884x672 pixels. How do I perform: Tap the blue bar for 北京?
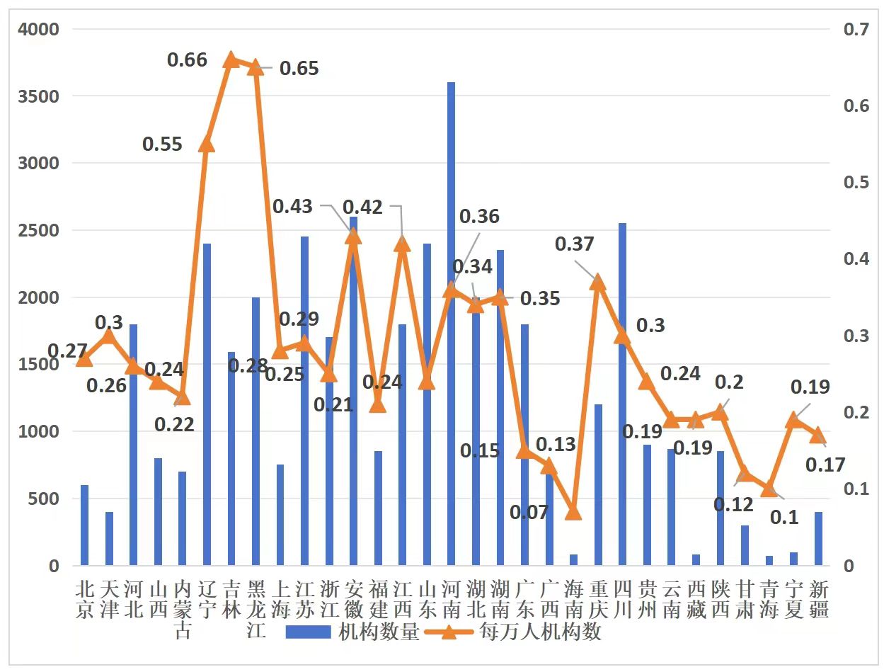[84, 525]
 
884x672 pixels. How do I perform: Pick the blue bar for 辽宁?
[207, 404]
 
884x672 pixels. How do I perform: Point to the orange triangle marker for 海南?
[573, 511]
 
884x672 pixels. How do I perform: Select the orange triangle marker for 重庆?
[598, 282]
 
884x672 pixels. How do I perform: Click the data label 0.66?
[187, 59]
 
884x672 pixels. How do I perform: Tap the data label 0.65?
[299, 69]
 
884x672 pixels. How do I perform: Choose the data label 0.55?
[162, 144]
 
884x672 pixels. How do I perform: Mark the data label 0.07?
[529, 512]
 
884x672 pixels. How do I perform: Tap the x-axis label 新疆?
[818, 599]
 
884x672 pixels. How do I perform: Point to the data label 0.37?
[574, 244]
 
